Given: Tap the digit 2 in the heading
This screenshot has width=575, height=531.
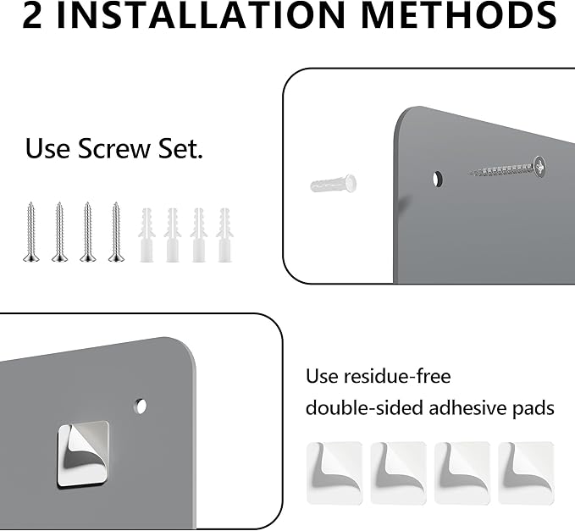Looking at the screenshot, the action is click(x=32, y=15).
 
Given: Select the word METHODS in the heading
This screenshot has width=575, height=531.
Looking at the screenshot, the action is click(x=462, y=15).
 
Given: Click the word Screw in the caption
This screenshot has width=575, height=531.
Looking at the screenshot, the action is click(x=114, y=148).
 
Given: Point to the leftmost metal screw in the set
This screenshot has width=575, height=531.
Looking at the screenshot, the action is click(x=30, y=232).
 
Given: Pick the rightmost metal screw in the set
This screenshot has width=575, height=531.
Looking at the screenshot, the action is click(x=116, y=232).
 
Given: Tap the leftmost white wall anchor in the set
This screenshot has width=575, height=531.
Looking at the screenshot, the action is click(x=147, y=235).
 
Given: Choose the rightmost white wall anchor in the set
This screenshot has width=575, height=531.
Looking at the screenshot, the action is click(x=224, y=235).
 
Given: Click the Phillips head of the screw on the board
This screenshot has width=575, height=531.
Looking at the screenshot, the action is click(x=539, y=167).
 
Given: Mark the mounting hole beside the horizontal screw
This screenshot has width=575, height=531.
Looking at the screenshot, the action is click(x=437, y=179).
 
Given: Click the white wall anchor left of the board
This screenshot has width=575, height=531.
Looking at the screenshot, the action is click(x=334, y=184).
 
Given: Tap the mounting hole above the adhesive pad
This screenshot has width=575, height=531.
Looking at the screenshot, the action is click(x=140, y=406).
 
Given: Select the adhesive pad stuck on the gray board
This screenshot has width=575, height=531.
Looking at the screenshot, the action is click(x=83, y=454).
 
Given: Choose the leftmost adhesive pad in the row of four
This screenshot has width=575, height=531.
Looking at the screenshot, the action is click(x=334, y=473).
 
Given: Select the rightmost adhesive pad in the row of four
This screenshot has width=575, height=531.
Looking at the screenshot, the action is click(x=526, y=473).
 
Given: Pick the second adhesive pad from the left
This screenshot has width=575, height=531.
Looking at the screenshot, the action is click(x=398, y=473).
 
